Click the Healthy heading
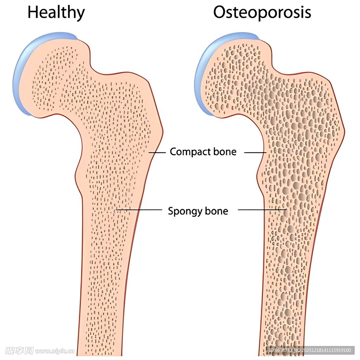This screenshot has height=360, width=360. tap(56, 13)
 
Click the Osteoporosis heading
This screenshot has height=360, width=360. tap(262, 13)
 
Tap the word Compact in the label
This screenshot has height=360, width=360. tap(190, 152)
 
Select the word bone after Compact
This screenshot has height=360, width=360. tap(225, 152)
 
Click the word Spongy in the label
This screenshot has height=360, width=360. tap(185, 211)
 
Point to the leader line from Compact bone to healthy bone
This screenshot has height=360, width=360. tap(157, 152)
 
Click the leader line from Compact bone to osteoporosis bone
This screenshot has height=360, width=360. tap(255, 152)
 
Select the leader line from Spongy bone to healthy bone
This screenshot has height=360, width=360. tap(139, 210)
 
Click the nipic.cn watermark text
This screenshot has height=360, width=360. tap(54, 351)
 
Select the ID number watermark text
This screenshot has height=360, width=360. tap(309, 350)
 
